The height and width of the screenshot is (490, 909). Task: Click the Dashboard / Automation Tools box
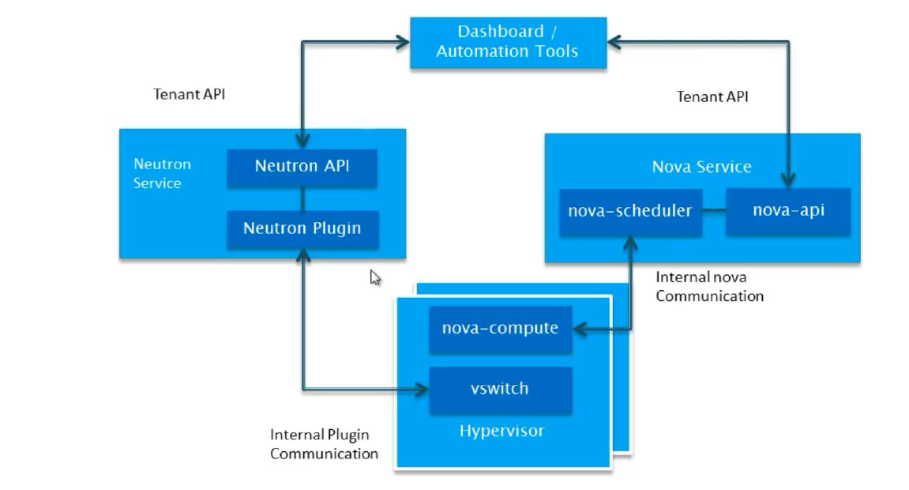[507, 42]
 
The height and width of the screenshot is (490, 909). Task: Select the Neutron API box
[302, 167]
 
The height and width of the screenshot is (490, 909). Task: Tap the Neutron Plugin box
[302, 228]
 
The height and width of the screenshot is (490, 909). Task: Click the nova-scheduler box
[629, 212]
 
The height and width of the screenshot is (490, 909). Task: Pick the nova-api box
[788, 212]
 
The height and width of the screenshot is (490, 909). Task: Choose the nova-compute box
[500, 328]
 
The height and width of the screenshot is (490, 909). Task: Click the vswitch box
[500, 389]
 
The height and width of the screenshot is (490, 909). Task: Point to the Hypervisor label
[501, 432]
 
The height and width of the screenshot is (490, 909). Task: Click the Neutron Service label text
[162, 174]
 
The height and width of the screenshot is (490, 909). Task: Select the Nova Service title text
[701, 167]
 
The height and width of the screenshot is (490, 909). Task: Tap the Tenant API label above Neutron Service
[190, 94]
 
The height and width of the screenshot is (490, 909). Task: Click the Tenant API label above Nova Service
[712, 96]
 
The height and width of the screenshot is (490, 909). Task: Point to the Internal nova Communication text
[709, 287]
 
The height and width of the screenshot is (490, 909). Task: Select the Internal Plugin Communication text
[324, 444]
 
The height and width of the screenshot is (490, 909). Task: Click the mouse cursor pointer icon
[375, 277]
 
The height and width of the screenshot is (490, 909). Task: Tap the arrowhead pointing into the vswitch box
[423, 389]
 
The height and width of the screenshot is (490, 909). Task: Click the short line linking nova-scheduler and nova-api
[714, 211]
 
